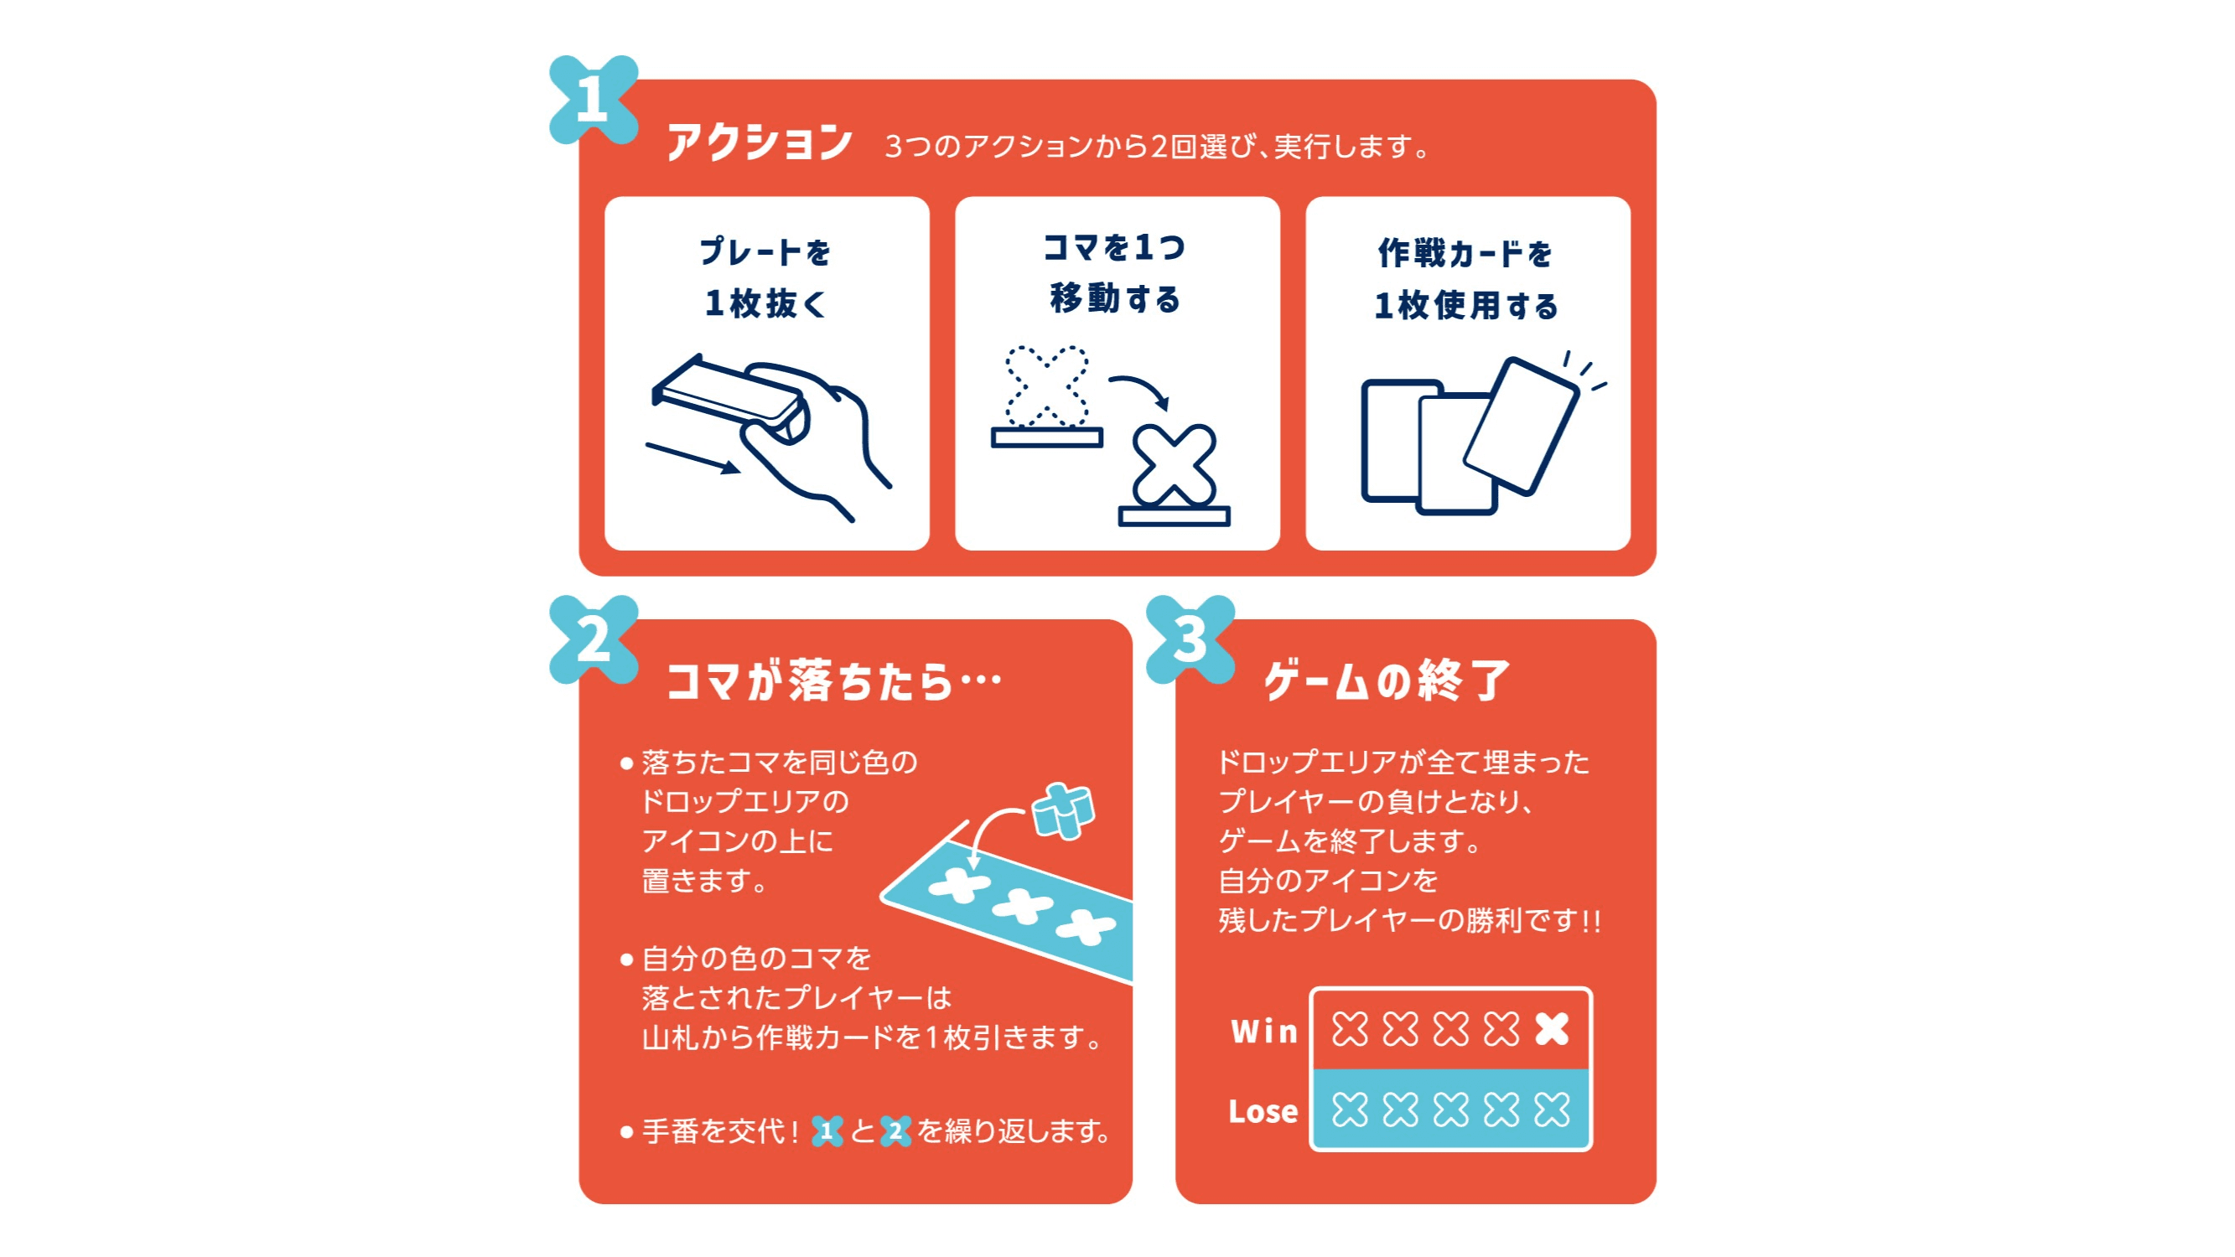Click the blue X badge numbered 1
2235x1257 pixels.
pyautogui.click(x=594, y=99)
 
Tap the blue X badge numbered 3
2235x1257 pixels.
pyautogui.click(x=1190, y=639)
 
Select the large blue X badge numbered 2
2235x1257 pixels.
pyautogui.click(x=594, y=639)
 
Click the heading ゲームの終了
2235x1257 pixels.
pyautogui.click(x=1387, y=680)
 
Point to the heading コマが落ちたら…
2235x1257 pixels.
pyautogui.click(x=833, y=680)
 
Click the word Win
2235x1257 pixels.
pyautogui.click(x=1264, y=1031)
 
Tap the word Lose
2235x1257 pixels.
pyautogui.click(x=1263, y=1110)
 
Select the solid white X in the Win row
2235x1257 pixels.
pyautogui.click(x=1551, y=1030)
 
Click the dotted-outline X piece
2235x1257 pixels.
pyautogui.click(x=1046, y=387)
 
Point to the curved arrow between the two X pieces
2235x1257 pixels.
pyautogui.click(x=1140, y=390)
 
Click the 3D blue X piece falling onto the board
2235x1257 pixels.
pyautogui.click(x=1064, y=811)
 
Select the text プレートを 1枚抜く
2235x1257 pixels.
pyautogui.click(x=766, y=277)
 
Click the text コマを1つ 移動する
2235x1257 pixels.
pyautogui.click(x=1116, y=272)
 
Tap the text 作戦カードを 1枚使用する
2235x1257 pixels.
pyautogui.click(x=1466, y=278)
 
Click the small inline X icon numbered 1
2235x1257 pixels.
pyautogui.click(x=827, y=1130)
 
